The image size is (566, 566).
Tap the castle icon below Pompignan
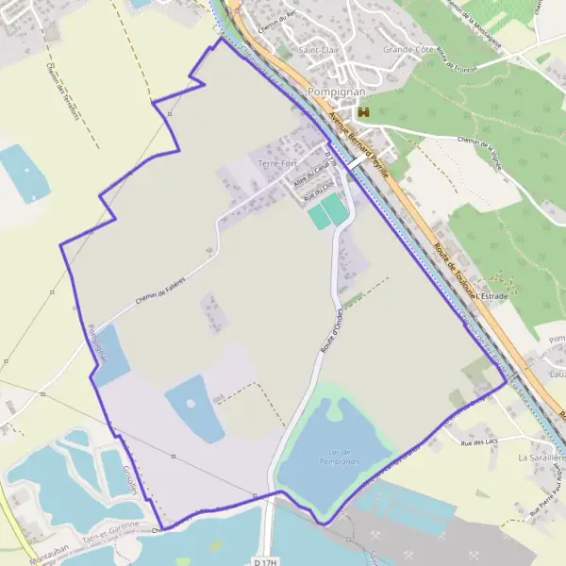pyautogui.click(x=358, y=111)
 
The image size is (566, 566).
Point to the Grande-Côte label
pyautogui.click(x=407, y=50)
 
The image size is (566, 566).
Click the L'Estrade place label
pyautogui.click(x=491, y=296)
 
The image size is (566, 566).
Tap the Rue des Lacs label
pyautogui.click(x=478, y=441)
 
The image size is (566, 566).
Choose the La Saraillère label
pyautogui.click(x=541, y=457)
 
